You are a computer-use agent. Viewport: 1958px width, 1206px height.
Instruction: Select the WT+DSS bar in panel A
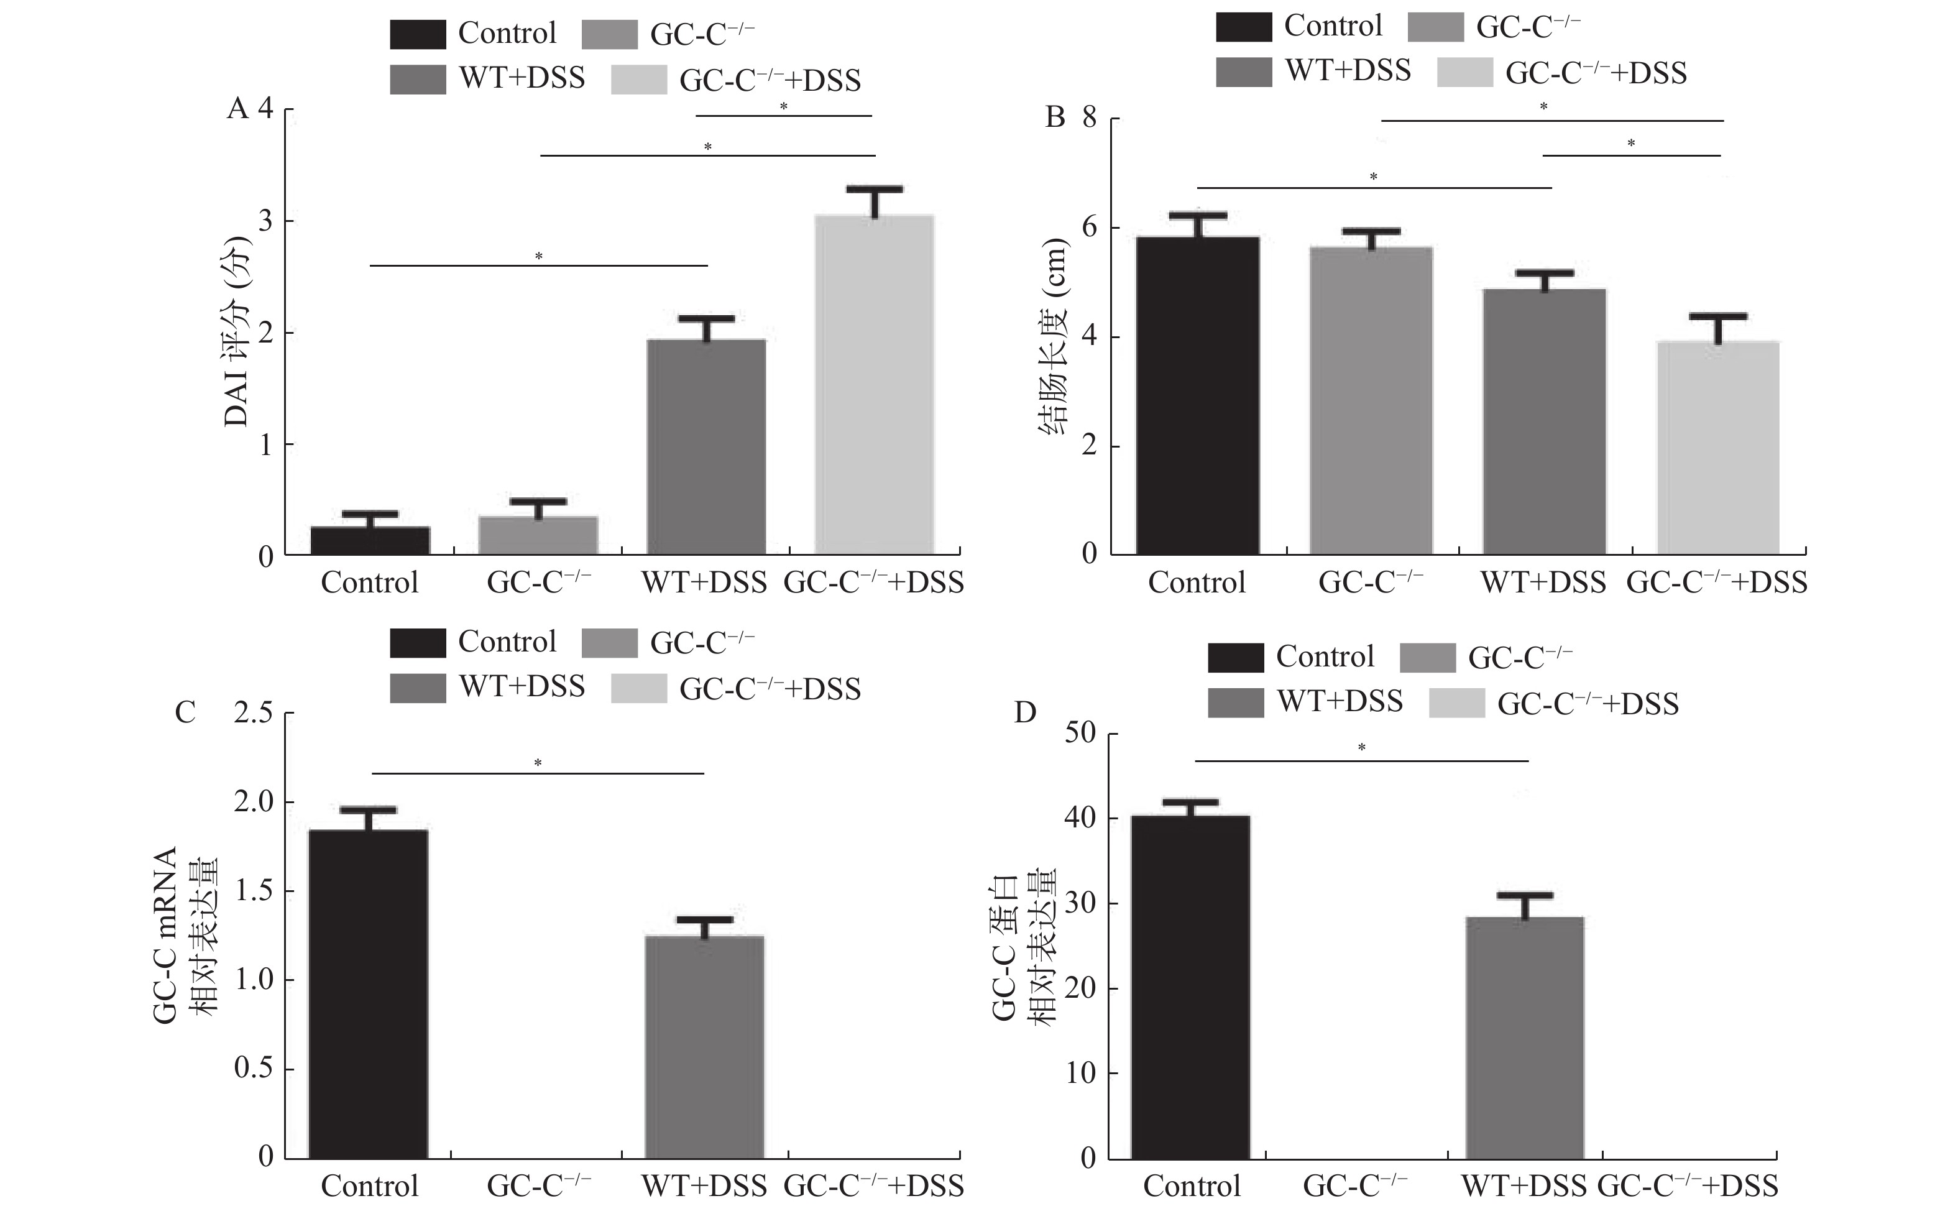[x=706, y=447]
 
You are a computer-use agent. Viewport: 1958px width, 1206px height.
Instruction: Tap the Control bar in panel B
[x=1197, y=395]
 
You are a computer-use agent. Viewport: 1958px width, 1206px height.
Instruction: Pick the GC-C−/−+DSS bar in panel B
[x=1718, y=448]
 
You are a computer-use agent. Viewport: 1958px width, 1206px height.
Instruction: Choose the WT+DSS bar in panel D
[x=1524, y=1037]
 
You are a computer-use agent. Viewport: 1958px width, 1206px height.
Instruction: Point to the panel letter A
[x=237, y=108]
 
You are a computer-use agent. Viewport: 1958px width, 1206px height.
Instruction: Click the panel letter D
[x=1025, y=712]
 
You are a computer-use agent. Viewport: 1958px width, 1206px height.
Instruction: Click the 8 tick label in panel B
[x=1090, y=118]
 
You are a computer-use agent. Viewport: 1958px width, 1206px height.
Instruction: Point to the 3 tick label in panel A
[x=265, y=221]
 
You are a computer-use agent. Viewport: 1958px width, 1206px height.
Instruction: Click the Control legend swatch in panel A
[x=417, y=34]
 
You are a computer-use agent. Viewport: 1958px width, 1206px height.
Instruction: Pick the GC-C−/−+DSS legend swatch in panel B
[x=1464, y=73]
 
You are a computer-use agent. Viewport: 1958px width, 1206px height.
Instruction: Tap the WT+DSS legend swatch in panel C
[x=417, y=688]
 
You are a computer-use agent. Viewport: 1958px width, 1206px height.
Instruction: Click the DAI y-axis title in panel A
[x=237, y=331]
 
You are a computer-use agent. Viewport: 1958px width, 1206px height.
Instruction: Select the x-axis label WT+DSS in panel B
[x=1543, y=582]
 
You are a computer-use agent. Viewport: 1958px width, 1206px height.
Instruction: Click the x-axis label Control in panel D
[x=1192, y=1185]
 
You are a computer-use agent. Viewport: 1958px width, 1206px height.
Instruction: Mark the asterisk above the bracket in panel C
[x=538, y=763]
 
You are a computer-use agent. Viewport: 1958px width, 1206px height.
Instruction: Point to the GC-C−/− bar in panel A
[x=538, y=535]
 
